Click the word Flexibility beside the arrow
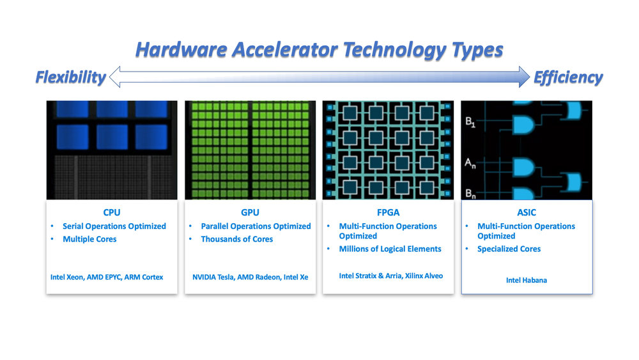[x=70, y=77]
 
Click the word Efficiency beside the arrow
[x=568, y=77]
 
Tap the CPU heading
[x=112, y=212]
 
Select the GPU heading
[x=250, y=212]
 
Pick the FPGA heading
[x=389, y=212]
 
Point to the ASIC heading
[x=527, y=212]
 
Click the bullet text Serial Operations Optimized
[x=114, y=226]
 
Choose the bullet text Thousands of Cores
[x=237, y=239]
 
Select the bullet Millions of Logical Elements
[x=390, y=249]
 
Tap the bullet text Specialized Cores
[x=509, y=249]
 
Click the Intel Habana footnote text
[x=527, y=280]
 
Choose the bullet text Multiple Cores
[x=89, y=239]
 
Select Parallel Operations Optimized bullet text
[x=256, y=226]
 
